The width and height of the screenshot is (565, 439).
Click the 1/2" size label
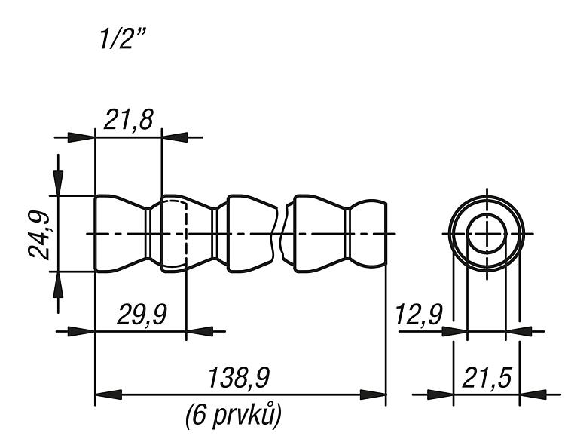[123, 39]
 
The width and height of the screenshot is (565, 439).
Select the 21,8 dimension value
[129, 120]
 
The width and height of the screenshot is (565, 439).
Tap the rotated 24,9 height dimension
[39, 235]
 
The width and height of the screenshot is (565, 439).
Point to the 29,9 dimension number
[142, 315]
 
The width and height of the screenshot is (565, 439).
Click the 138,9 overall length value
[239, 378]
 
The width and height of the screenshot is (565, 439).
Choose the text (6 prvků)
[233, 415]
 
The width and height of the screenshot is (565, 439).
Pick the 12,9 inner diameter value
[419, 315]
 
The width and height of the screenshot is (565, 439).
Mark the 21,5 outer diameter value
[487, 378]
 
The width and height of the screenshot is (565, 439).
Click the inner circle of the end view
[487, 214]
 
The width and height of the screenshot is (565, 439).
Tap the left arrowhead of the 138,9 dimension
[108, 394]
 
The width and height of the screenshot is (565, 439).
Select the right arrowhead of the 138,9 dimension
[373, 394]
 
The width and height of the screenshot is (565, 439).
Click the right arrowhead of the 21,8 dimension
[175, 137]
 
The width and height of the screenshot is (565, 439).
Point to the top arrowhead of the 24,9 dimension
[58, 183]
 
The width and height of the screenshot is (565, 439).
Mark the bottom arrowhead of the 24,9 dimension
[58, 284]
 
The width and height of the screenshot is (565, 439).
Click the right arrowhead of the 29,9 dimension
[200, 331]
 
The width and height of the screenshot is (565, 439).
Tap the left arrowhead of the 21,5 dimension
[441, 394]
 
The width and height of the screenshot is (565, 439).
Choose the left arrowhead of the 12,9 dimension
[454, 331]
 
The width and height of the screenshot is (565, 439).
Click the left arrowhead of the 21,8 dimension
[81, 137]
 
